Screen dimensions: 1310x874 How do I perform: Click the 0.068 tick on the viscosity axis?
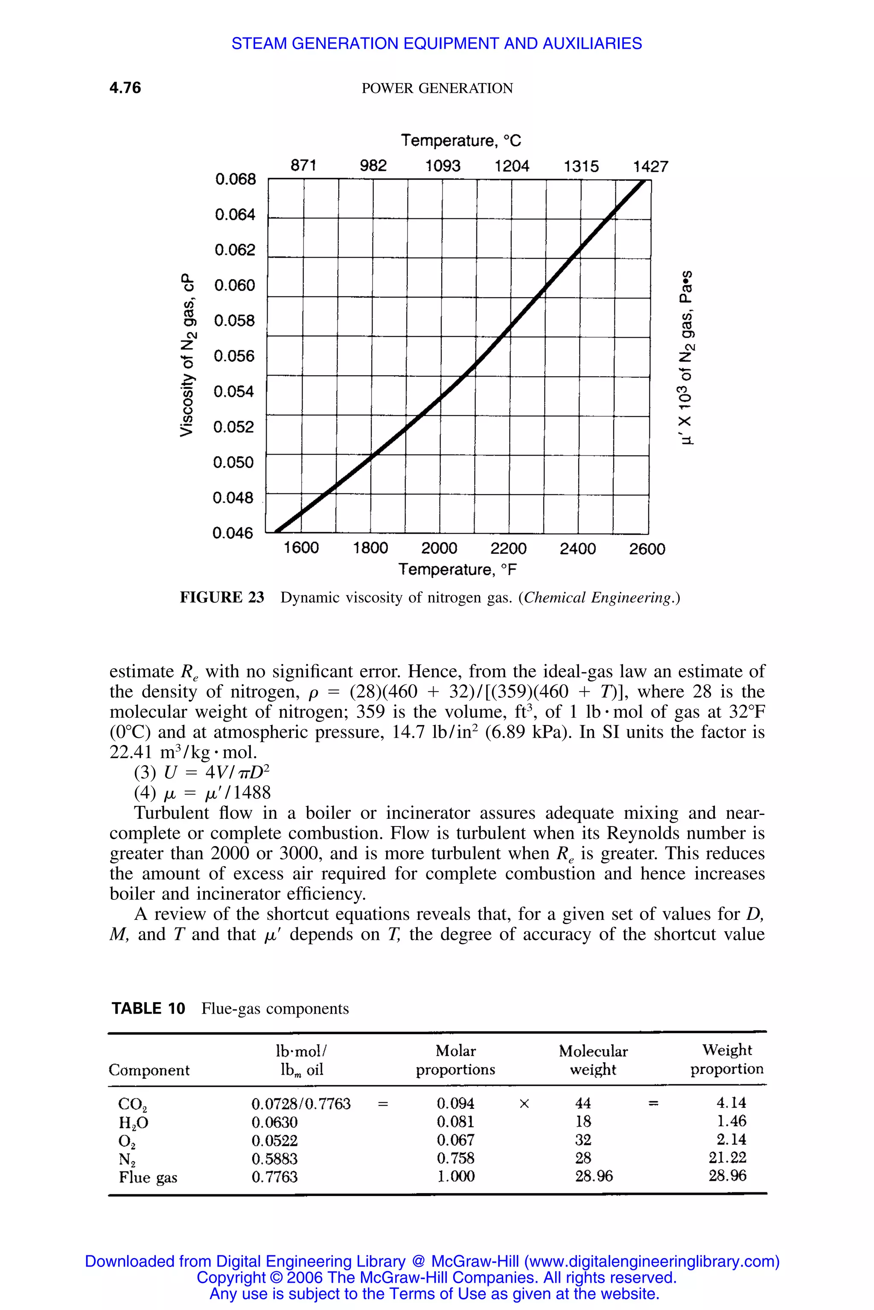click(x=235, y=180)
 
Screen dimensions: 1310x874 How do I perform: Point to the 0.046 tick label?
click(x=233, y=533)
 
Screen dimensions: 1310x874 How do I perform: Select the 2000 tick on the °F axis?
click(x=439, y=549)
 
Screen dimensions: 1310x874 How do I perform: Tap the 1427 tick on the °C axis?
click(x=650, y=167)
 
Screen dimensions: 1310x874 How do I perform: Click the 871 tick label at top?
click(x=304, y=165)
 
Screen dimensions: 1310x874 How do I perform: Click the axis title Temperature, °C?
click(x=461, y=141)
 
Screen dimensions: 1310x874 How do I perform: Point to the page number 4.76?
click(x=125, y=88)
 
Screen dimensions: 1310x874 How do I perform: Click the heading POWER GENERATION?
click(x=437, y=89)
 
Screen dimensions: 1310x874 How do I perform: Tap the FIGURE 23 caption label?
click(x=222, y=597)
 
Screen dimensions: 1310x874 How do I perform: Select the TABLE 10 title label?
click(x=148, y=1009)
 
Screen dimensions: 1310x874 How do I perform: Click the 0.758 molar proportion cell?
click(x=455, y=1159)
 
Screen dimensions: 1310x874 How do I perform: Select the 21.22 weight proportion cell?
click(x=727, y=1158)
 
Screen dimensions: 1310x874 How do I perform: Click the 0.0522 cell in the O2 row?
click(x=274, y=1140)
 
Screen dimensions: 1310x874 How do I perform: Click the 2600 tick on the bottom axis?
click(x=647, y=549)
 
